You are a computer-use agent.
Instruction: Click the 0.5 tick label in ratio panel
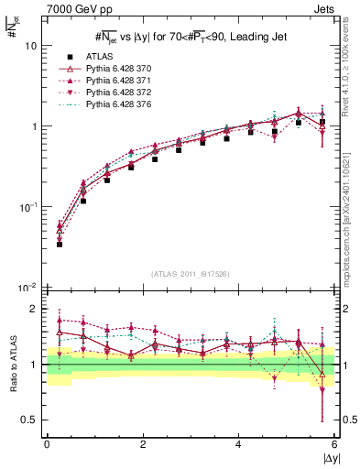click(x=30, y=420)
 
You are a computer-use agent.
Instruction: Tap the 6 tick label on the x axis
click(x=334, y=444)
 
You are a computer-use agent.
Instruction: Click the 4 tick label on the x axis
click(x=238, y=444)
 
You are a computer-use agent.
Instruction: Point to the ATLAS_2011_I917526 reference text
click(x=191, y=273)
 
